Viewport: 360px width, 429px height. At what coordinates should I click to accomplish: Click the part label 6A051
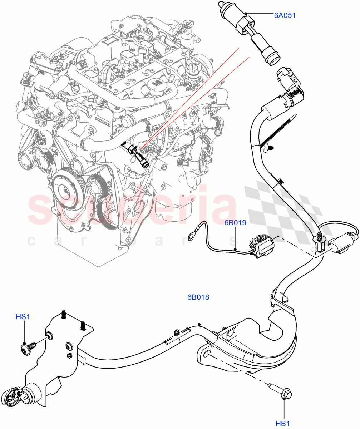tap(285, 15)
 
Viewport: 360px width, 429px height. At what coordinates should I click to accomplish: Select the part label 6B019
tap(235, 223)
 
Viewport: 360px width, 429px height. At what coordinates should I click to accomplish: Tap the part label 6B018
tap(198, 297)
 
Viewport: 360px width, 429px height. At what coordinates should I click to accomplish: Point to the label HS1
tap(23, 316)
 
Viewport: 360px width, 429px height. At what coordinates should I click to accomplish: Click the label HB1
tap(282, 424)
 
